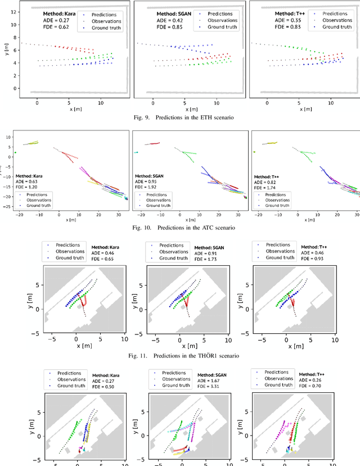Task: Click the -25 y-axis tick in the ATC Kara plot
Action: click(8, 207)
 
